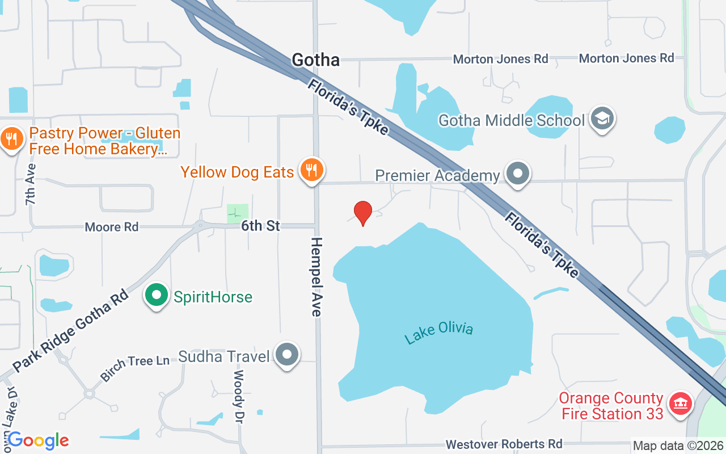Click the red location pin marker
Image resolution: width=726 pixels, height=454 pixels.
[x=363, y=213]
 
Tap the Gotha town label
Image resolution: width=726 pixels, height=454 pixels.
[x=315, y=60]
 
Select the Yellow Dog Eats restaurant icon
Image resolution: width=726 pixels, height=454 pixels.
[x=311, y=170]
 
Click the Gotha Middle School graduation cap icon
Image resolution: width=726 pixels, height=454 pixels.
[x=602, y=119]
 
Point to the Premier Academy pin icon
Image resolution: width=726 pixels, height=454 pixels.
[x=517, y=174]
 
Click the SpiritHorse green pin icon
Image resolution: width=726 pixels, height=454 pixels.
[x=157, y=295]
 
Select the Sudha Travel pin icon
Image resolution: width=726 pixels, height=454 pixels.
[x=287, y=355]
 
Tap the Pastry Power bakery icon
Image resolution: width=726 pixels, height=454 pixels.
[x=11, y=138]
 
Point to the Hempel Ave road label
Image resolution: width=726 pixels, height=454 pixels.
[x=316, y=277]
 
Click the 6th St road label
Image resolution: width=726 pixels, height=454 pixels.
[x=260, y=226]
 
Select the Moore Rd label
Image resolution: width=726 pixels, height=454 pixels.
[x=111, y=227]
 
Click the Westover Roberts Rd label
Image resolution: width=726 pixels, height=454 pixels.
[x=504, y=443]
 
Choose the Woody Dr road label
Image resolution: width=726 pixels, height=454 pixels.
[x=239, y=397]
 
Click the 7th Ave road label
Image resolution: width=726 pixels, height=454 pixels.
[x=30, y=184]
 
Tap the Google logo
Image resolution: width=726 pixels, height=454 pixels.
[x=38, y=440]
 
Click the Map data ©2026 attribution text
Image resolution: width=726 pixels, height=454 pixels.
[x=677, y=445]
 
